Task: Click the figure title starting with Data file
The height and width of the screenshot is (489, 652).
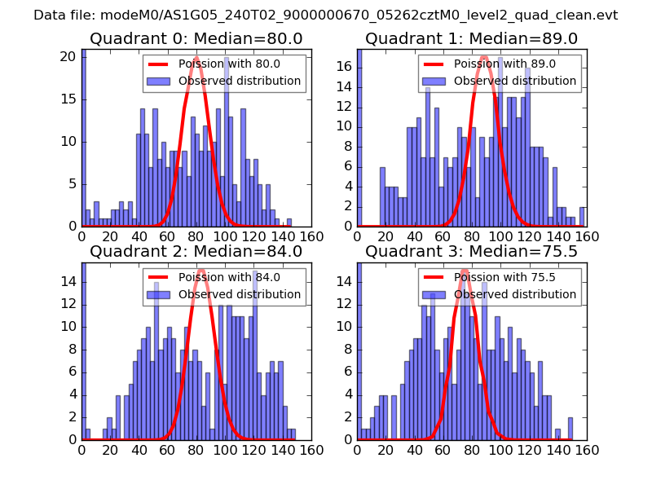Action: (326, 15)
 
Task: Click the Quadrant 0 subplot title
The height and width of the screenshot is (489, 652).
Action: (196, 39)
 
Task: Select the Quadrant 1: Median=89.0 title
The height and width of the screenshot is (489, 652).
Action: (471, 39)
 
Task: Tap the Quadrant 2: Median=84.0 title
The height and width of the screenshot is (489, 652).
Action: (196, 252)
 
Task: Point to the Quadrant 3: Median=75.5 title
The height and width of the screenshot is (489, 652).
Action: (471, 252)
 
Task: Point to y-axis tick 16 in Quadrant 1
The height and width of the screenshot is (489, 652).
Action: (347, 67)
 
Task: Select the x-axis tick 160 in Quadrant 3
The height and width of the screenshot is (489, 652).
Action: (587, 449)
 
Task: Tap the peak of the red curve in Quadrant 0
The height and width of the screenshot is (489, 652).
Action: (196, 57)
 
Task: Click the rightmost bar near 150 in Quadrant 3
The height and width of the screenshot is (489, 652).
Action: (570, 428)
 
